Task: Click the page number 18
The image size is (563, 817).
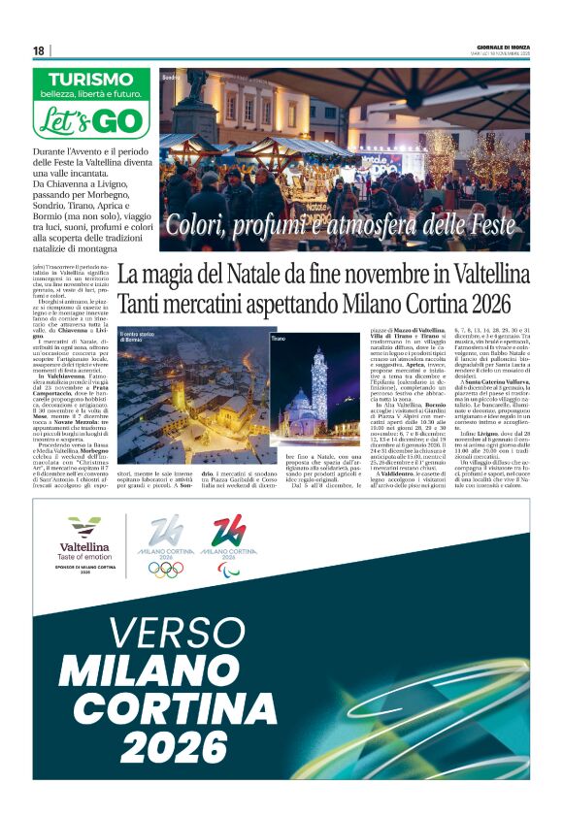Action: click(39, 50)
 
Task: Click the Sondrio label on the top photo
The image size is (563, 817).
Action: click(171, 76)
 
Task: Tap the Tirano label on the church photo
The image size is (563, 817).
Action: click(278, 340)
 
